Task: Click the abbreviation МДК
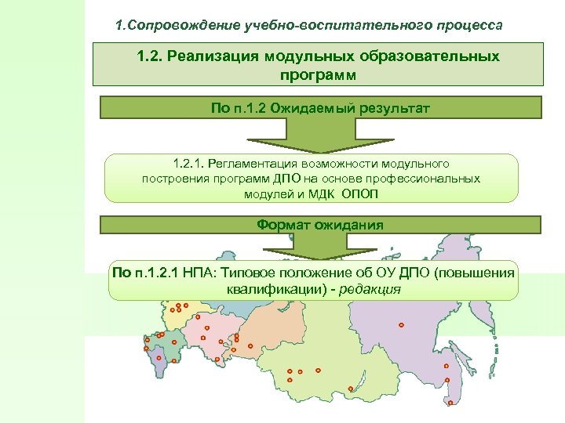pyautogui.click(x=321, y=193)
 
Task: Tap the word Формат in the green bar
pyautogui.click(x=282, y=225)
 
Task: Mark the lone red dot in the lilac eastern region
pyautogui.click(x=401, y=324)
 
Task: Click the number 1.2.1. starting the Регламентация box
pyautogui.click(x=188, y=164)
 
